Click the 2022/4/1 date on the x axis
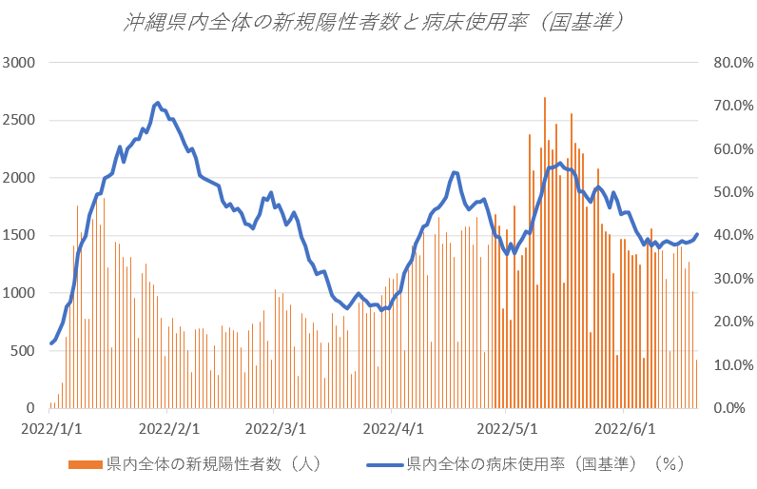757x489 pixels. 393,428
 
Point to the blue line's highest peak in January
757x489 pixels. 158,103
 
